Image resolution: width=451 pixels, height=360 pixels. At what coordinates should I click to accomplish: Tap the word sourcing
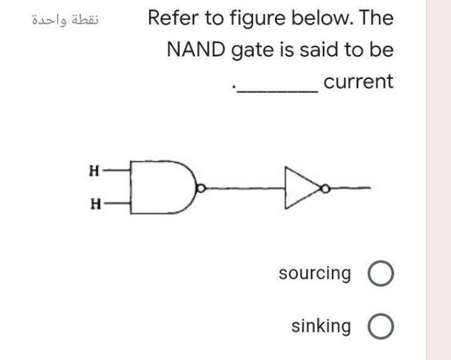(315, 274)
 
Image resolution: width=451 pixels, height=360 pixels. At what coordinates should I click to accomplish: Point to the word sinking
(321, 326)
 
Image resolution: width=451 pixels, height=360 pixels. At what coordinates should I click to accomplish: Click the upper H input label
(94, 169)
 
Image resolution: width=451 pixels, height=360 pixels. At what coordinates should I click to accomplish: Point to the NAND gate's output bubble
(200, 187)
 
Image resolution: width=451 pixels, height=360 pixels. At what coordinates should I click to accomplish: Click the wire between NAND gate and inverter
(244, 187)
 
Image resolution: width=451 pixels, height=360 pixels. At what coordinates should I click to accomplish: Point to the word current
(359, 81)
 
